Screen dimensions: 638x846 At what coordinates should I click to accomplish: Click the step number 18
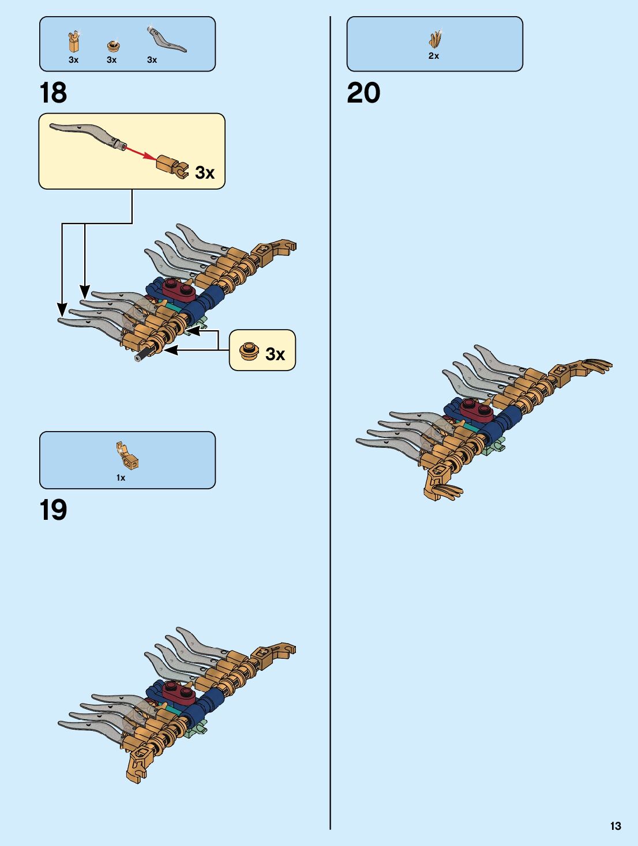tap(53, 93)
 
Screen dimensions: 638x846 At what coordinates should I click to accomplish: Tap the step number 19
tap(53, 510)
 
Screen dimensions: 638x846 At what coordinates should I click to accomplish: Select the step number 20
tap(363, 93)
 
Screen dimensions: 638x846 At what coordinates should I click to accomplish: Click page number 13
tap(616, 826)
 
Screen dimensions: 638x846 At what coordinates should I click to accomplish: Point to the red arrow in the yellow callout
tap(140, 152)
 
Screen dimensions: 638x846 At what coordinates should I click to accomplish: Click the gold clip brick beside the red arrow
tap(172, 165)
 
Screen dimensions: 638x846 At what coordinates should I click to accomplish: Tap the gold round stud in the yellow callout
tap(249, 351)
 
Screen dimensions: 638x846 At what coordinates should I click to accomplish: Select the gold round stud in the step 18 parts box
tap(113, 46)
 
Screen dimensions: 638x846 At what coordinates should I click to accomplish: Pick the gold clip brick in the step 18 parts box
tap(74, 42)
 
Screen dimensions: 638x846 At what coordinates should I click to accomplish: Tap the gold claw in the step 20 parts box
tap(436, 39)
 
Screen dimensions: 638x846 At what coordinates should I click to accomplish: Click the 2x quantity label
tap(434, 56)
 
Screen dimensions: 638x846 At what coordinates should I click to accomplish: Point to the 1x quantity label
tap(121, 478)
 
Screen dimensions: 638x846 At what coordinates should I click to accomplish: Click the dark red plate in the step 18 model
tap(179, 288)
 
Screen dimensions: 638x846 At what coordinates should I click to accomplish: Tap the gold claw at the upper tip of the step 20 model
tap(597, 365)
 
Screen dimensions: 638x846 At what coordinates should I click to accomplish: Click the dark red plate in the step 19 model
tap(179, 690)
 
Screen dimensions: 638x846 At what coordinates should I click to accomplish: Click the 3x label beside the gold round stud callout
tap(275, 354)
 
